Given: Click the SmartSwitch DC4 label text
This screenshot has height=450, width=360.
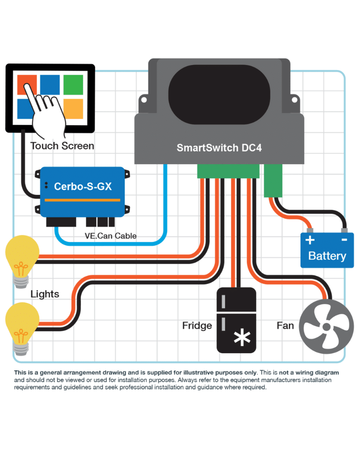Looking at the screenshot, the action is [219, 148].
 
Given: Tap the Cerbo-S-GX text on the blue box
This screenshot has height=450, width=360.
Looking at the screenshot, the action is [83, 187].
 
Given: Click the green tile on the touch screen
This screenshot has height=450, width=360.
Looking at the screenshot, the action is [73, 85].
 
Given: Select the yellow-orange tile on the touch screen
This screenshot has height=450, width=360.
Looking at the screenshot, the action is [73, 109].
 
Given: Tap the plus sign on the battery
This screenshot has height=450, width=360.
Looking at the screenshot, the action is [310, 240].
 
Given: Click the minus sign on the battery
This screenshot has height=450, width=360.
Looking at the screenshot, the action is [344, 240].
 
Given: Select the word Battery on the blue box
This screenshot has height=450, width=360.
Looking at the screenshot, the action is [327, 256].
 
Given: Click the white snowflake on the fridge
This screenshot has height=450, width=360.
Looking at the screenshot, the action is [242, 337].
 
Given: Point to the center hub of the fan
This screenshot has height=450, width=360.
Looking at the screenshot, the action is [326, 327].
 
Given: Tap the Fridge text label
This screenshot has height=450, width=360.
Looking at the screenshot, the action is [197, 325].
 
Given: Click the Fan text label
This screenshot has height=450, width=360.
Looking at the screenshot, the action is [285, 325].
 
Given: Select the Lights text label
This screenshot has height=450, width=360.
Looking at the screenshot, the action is [45, 294].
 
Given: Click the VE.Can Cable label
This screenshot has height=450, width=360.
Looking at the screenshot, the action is [111, 236].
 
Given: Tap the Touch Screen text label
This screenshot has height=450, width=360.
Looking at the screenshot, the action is [62, 146].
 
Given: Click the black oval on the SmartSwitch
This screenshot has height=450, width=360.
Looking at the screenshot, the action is [219, 94].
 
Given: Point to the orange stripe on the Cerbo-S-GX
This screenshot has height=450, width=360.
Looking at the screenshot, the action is [82, 200].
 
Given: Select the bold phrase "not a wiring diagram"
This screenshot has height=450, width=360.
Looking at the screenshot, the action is [309, 373].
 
